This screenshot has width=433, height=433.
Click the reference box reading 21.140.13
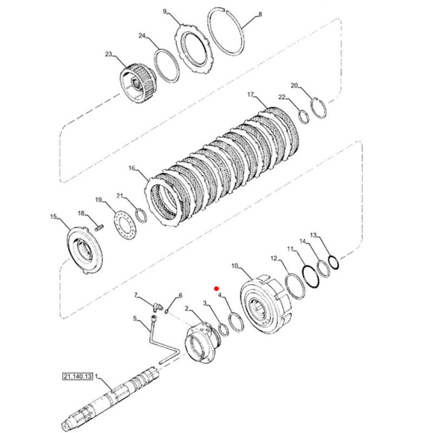pyautogui.click(x=77, y=376)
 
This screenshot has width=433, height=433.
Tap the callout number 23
pyautogui.click(x=109, y=54)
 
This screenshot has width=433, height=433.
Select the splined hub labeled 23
pyautogui.click(x=139, y=83)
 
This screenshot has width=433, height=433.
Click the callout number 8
pyautogui.click(x=260, y=14)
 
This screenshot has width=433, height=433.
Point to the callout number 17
pyautogui.click(x=250, y=95)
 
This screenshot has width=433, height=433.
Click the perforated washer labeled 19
pyautogui.click(x=126, y=223)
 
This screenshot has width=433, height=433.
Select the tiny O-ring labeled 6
pyautogui.click(x=167, y=312)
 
